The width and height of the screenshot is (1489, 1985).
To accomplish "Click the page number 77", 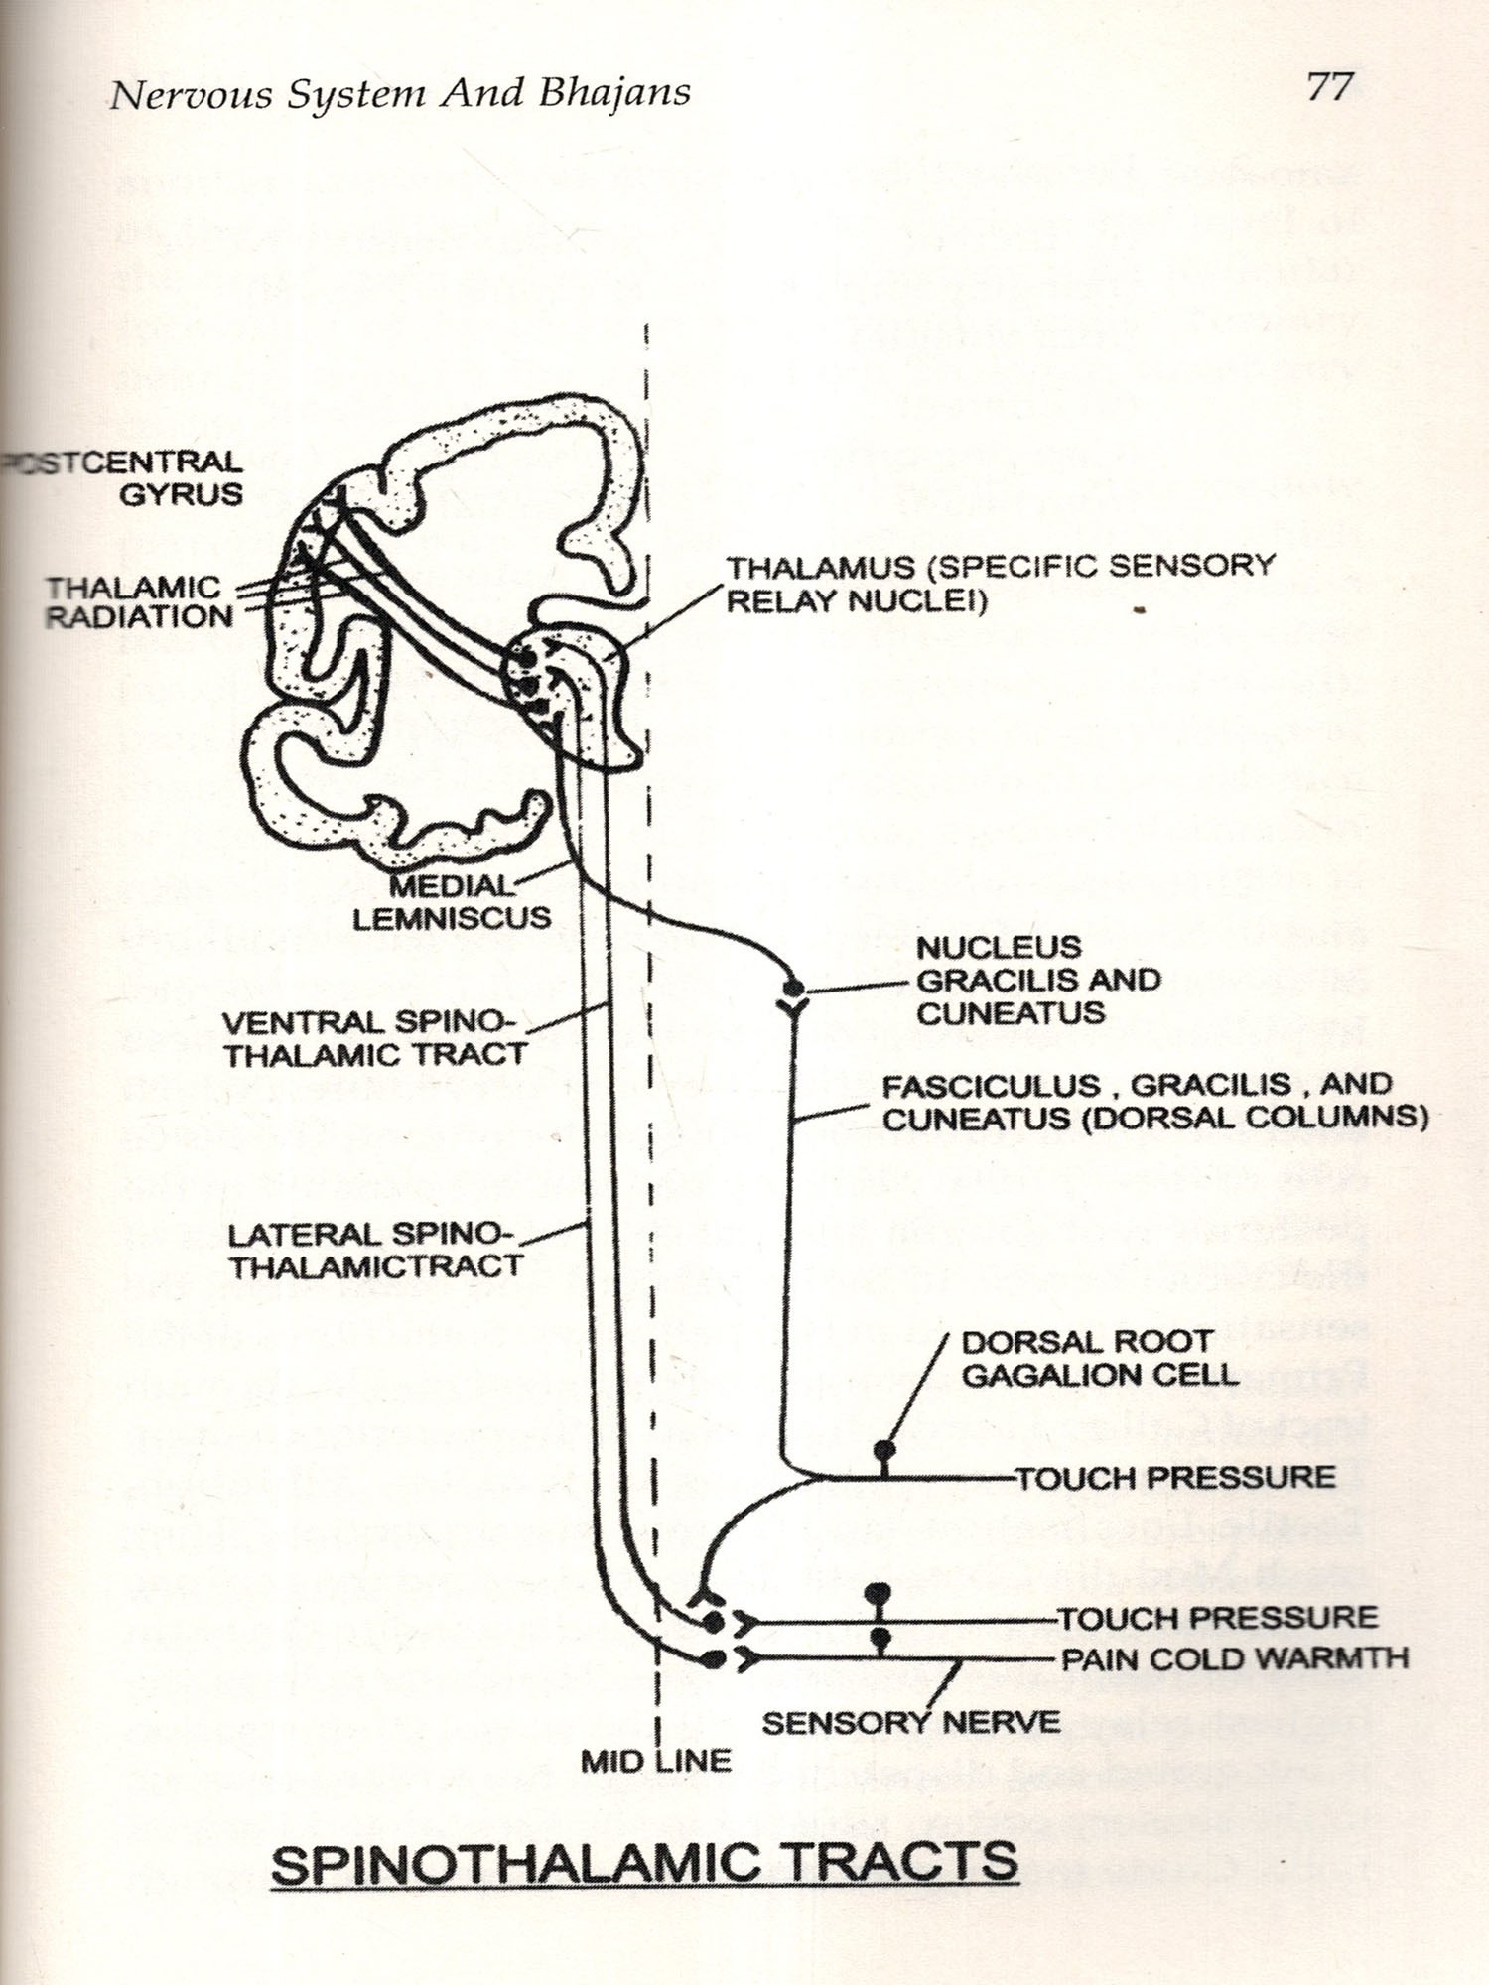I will tap(1329, 87).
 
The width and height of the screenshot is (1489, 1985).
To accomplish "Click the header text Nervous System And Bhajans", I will tap(400, 94).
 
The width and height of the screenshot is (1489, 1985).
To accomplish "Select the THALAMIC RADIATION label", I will tap(140, 601).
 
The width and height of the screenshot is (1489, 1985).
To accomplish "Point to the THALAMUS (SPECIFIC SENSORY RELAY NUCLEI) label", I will tap(1000, 584).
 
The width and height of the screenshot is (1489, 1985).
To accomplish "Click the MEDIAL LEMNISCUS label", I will tap(453, 901).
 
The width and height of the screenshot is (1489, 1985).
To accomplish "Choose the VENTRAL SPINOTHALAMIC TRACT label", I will tap(372, 1038).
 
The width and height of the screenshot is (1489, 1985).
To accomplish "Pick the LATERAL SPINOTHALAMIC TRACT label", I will tap(375, 1251).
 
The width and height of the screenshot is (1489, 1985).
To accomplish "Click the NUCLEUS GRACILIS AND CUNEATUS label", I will tap(1037, 980).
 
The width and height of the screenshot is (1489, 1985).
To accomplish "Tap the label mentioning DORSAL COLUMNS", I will tap(1154, 1102).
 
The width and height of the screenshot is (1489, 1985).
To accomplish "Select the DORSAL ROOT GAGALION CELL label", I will tap(1099, 1359).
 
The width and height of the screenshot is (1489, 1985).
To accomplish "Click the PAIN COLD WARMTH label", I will tap(1234, 1658).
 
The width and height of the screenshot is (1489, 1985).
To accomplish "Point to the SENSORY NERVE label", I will tap(910, 1722).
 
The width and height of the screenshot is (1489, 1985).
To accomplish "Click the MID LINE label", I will tap(655, 1761).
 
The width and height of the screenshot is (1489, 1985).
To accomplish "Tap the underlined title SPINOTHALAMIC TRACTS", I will tap(644, 1863).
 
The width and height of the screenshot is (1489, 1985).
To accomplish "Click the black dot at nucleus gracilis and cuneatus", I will tap(793, 989).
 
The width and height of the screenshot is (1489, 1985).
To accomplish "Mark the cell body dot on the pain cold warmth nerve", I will tap(879, 1637).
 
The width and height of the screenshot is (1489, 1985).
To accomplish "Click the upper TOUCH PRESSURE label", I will tap(1175, 1477).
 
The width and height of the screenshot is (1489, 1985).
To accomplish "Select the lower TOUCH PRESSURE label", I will tap(1217, 1618).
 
